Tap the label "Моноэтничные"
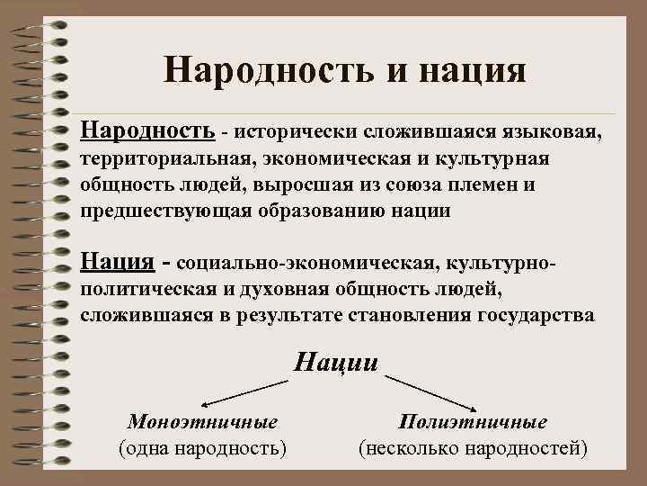202,421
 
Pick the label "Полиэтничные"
473,421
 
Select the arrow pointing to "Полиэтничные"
432,392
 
